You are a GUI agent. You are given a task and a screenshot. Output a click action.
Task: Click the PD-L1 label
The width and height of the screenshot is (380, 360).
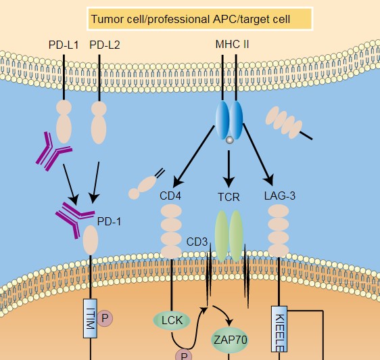64,45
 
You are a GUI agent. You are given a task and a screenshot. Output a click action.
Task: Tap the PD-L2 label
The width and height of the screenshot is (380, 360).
105,45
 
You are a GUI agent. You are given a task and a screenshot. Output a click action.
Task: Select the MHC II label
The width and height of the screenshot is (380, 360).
232,45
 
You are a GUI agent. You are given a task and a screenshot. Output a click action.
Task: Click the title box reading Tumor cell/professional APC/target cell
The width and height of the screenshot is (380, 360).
200,19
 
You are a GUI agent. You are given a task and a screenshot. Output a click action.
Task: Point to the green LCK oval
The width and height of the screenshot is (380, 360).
172,320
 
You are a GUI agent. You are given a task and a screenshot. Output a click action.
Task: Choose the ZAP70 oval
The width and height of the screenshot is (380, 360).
230,340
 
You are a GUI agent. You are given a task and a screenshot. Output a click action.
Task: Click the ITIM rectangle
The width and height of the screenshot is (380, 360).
90,319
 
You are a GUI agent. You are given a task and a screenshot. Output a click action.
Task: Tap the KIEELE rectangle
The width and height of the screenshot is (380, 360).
279,329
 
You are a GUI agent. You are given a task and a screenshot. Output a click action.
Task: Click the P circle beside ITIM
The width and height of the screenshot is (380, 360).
105,318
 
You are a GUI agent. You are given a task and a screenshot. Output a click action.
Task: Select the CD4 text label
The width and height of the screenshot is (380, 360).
170,196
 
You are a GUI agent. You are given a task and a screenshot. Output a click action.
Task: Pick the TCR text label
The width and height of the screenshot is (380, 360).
229,197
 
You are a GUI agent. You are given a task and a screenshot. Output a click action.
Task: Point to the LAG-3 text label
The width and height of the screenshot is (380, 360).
280,196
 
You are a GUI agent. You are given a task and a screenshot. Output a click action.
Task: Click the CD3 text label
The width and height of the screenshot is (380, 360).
197,242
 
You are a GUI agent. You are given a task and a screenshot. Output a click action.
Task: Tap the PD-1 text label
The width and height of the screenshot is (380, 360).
109,221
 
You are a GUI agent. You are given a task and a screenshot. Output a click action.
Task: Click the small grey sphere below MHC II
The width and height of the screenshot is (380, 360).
229,140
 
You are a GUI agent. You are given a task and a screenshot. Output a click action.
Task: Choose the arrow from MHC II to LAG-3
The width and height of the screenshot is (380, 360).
258,154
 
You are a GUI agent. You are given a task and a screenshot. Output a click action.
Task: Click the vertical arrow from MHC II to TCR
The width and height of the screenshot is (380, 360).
229,169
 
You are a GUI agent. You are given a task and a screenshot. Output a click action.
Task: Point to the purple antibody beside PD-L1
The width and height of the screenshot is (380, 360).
53,151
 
